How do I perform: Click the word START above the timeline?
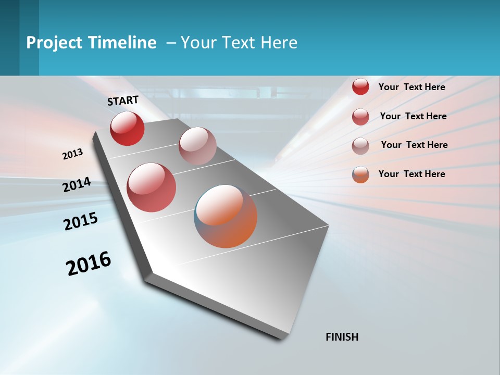tap(123, 101)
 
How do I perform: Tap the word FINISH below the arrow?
tap(342, 337)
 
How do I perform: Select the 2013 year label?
tap(72, 154)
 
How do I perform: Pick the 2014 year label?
tap(77, 185)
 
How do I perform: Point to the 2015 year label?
tap(81, 221)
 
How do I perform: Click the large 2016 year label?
tap(89, 264)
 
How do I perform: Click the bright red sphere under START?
tap(127, 128)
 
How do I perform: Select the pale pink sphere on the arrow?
tap(197, 146)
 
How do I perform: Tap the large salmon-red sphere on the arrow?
tap(152, 187)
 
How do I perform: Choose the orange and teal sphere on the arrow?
tap(226, 216)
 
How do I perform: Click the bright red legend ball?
tap(360, 87)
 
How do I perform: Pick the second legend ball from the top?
tap(360, 117)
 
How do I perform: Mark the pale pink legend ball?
tap(360, 146)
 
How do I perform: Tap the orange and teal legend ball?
tap(360, 174)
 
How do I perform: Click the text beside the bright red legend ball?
tap(411, 87)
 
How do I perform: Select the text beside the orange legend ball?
tap(411, 174)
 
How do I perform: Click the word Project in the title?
tap(54, 43)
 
